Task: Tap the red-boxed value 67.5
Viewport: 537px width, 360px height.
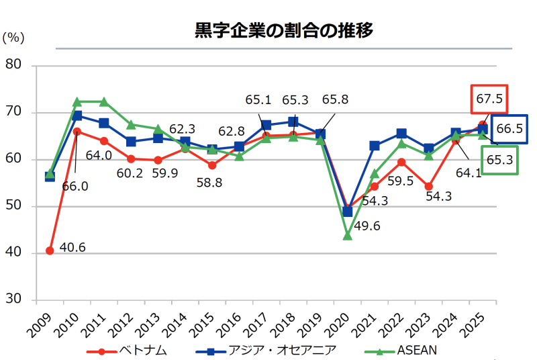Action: [489, 99]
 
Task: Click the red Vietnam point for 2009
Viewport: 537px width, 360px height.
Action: [50, 251]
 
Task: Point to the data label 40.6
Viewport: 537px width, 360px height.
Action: [72, 248]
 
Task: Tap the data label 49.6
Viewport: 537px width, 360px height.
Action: [367, 226]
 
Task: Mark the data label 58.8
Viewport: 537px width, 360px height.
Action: [212, 183]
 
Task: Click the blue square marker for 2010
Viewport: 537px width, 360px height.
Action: [77, 116]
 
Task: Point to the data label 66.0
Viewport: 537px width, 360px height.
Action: [75, 186]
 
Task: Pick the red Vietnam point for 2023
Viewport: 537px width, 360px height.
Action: [428, 186]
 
